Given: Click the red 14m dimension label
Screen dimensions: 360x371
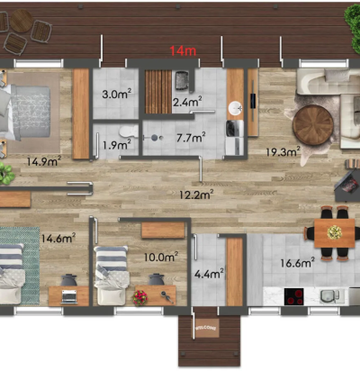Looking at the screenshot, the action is point(183,50).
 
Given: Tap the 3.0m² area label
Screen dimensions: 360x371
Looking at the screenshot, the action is point(117,94).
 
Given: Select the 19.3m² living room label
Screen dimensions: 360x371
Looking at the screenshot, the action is point(283,151).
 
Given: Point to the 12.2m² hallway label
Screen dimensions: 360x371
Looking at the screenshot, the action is point(196,195).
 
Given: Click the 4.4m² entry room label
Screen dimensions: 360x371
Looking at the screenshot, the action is point(209,274).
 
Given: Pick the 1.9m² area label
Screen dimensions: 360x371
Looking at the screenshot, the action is point(117,145).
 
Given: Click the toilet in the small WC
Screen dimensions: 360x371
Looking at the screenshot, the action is point(129,131).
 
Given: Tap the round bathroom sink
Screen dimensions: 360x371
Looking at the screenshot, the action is point(236,108).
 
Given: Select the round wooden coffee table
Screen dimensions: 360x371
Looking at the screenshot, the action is point(313,125).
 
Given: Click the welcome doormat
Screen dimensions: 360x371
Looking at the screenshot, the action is point(206,328).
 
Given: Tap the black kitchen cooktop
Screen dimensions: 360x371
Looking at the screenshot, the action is point(294,296).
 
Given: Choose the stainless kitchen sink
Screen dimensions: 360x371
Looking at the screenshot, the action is point(330,296).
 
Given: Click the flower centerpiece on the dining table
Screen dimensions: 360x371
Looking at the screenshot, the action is point(335,232).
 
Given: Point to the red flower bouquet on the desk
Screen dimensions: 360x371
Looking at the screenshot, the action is point(139,297).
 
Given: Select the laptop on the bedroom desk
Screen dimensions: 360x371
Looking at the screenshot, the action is point(69,296).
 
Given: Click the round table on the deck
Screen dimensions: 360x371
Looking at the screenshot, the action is point(22,21).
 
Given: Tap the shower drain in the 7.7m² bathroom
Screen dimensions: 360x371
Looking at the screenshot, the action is point(155,138).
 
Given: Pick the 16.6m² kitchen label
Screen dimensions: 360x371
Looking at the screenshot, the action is point(297,263).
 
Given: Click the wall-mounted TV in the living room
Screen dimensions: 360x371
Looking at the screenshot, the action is point(253,101).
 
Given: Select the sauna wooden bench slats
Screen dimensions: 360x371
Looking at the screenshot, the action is point(158,92).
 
